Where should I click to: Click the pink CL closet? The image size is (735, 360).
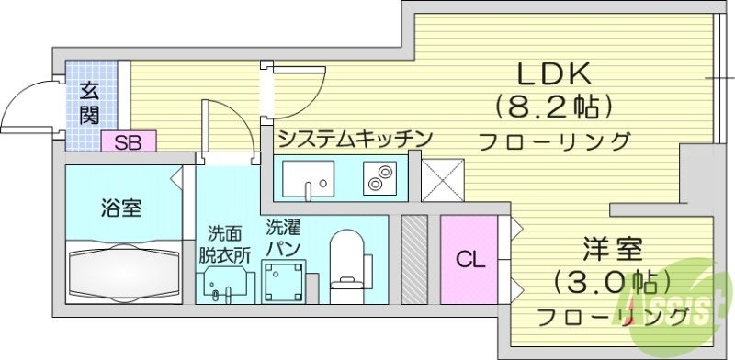click(x=469, y=259)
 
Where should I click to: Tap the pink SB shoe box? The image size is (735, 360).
click(x=129, y=142)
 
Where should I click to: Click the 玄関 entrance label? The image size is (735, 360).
click(x=89, y=103)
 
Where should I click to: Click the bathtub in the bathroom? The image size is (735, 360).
click(x=125, y=269)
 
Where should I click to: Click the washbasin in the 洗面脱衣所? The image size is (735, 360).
click(x=221, y=284)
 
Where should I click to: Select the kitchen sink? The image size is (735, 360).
click(x=308, y=179)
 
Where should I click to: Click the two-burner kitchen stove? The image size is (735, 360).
click(x=379, y=178)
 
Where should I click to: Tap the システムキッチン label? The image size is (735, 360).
click(x=355, y=139)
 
